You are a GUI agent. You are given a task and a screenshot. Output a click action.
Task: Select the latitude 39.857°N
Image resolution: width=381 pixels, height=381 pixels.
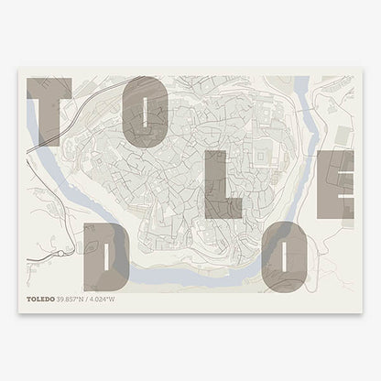(75, 299)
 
